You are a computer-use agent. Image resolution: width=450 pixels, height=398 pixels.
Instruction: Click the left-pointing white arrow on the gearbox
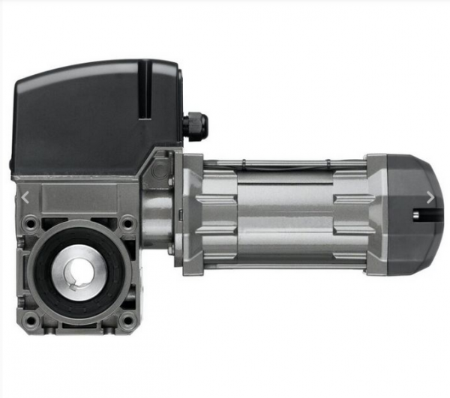pyautogui.click(x=26, y=198)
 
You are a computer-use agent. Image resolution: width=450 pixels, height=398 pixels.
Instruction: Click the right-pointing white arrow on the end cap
pyautogui.click(x=430, y=198)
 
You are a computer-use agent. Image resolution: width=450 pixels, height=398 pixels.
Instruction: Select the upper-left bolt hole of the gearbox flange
pyautogui.click(x=30, y=223)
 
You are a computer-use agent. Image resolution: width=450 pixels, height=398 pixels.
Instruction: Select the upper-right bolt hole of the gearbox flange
pyautogui.click(x=128, y=223)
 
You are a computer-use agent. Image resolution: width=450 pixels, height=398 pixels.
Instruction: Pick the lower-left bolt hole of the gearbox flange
pyautogui.click(x=30, y=320)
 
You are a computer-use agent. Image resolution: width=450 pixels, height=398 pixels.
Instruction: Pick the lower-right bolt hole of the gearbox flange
pyautogui.click(x=128, y=320)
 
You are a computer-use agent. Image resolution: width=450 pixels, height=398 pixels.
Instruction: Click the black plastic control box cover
pyautogui.click(x=90, y=112)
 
